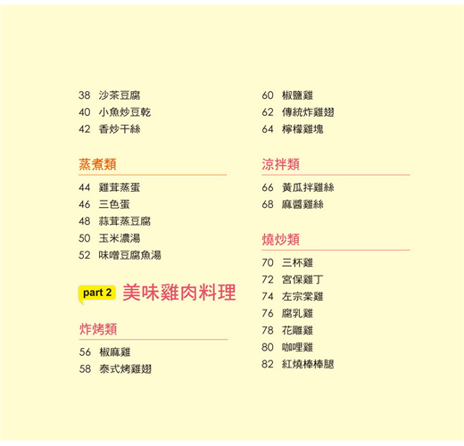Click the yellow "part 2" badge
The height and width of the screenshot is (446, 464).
[x=97, y=293]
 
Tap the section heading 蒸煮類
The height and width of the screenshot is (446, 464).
[x=97, y=164]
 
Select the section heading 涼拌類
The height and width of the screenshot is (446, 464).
[x=280, y=164]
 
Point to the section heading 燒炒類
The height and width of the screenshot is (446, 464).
[x=280, y=240]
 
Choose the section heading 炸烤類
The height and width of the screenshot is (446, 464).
[x=98, y=329]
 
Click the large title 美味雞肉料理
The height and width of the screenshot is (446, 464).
[x=179, y=293]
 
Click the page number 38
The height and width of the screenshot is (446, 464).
[x=85, y=95]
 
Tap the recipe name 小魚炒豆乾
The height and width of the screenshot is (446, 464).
[x=125, y=112]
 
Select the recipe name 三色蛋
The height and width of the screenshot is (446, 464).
[x=114, y=204]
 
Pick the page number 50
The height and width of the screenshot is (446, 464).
[x=85, y=238]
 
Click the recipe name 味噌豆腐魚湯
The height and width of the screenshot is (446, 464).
[x=130, y=255]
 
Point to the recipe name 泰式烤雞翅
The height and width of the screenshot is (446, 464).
[x=126, y=369]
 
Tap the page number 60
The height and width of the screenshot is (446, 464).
[x=268, y=95]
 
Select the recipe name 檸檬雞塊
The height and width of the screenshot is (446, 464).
[x=302, y=129]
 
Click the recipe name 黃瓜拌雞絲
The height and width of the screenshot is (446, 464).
[x=308, y=187]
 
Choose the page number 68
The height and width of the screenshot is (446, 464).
[x=268, y=204]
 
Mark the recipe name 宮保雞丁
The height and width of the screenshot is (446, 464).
[x=302, y=280]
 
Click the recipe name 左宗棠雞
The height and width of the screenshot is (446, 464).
[x=302, y=297]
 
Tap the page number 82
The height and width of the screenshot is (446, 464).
[x=268, y=364]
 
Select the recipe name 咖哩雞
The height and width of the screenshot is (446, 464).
[x=298, y=347]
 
